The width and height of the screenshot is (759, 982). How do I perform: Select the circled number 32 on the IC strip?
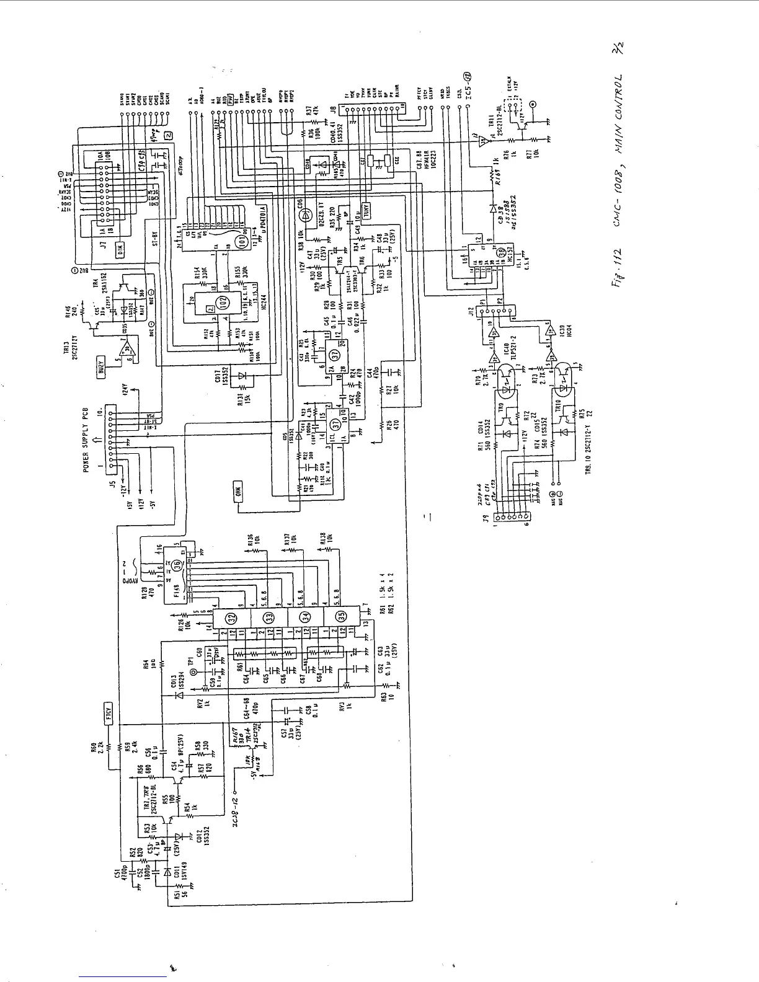pyautogui.click(x=231, y=617)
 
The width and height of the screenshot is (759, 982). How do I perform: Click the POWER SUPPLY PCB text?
pyautogui.click(x=87, y=440)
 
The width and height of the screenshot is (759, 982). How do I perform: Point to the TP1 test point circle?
pyautogui.click(x=193, y=672)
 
